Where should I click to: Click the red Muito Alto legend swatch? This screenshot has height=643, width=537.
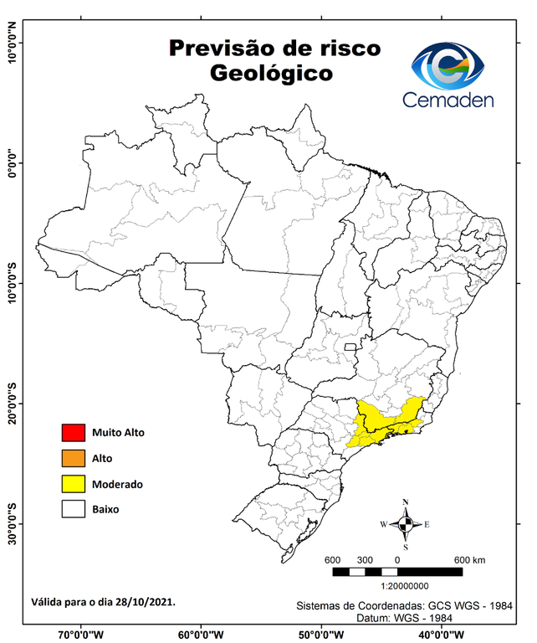[x=73, y=433]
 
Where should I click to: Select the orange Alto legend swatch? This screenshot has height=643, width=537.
[x=73, y=458]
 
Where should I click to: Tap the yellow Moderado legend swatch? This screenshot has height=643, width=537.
[x=73, y=483]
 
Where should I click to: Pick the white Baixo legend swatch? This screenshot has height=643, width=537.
[x=73, y=508]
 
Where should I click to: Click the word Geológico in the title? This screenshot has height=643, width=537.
[x=271, y=73]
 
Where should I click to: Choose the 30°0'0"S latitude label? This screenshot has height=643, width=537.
[x=12, y=524]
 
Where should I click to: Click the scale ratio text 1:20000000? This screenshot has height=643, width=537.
[x=405, y=588]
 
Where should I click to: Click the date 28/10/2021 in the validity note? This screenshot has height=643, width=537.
[x=147, y=601]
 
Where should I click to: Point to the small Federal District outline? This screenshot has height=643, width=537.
[x=350, y=345]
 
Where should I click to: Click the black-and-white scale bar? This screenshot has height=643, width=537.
[x=397, y=572]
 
